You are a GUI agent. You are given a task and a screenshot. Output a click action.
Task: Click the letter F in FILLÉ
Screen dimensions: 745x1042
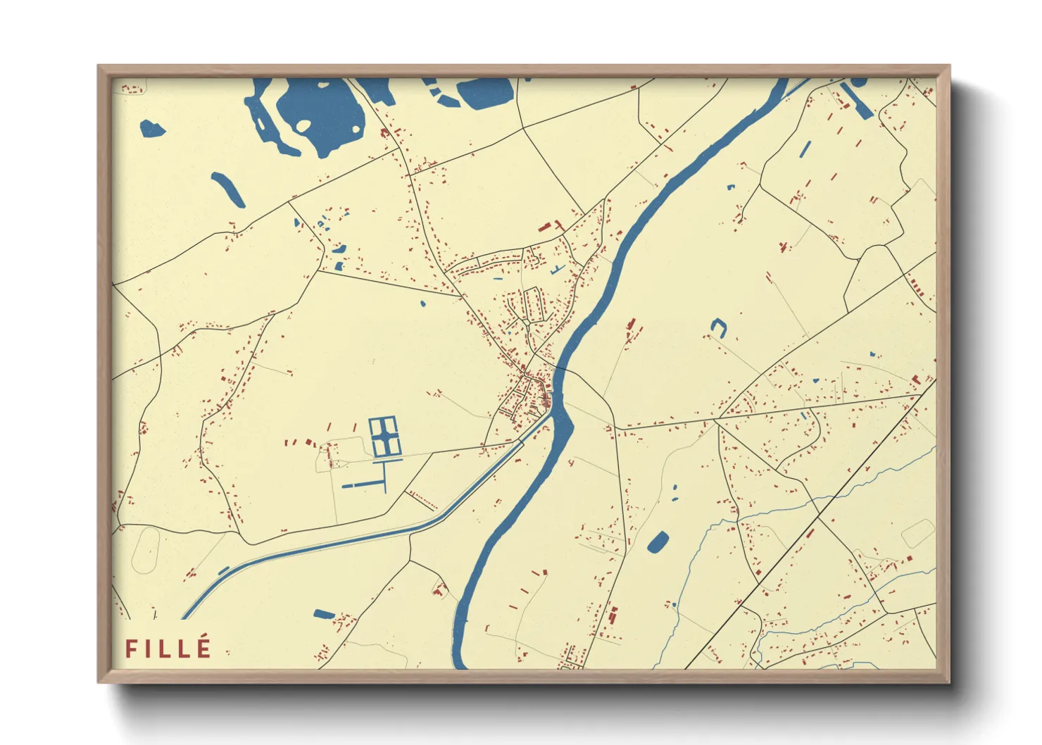[131, 649]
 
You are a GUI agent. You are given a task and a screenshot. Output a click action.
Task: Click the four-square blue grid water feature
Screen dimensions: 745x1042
[385, 437]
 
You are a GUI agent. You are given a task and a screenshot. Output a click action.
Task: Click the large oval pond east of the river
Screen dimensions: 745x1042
[658, 541]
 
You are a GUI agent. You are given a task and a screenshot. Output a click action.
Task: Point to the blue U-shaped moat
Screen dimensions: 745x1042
[717, 326]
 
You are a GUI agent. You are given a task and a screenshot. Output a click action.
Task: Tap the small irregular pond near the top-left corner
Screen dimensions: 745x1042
[152, 129]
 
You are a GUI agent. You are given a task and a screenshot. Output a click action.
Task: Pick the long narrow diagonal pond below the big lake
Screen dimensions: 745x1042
[228, 189]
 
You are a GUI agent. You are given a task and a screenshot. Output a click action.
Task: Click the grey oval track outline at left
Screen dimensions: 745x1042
[146, 549]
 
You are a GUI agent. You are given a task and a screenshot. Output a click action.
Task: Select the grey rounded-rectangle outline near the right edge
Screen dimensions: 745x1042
[917, 533]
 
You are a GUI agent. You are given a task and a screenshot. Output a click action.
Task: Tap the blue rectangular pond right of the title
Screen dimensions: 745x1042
[324, 614]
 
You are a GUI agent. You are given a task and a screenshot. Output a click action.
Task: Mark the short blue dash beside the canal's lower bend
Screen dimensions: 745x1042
[224, 570]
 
